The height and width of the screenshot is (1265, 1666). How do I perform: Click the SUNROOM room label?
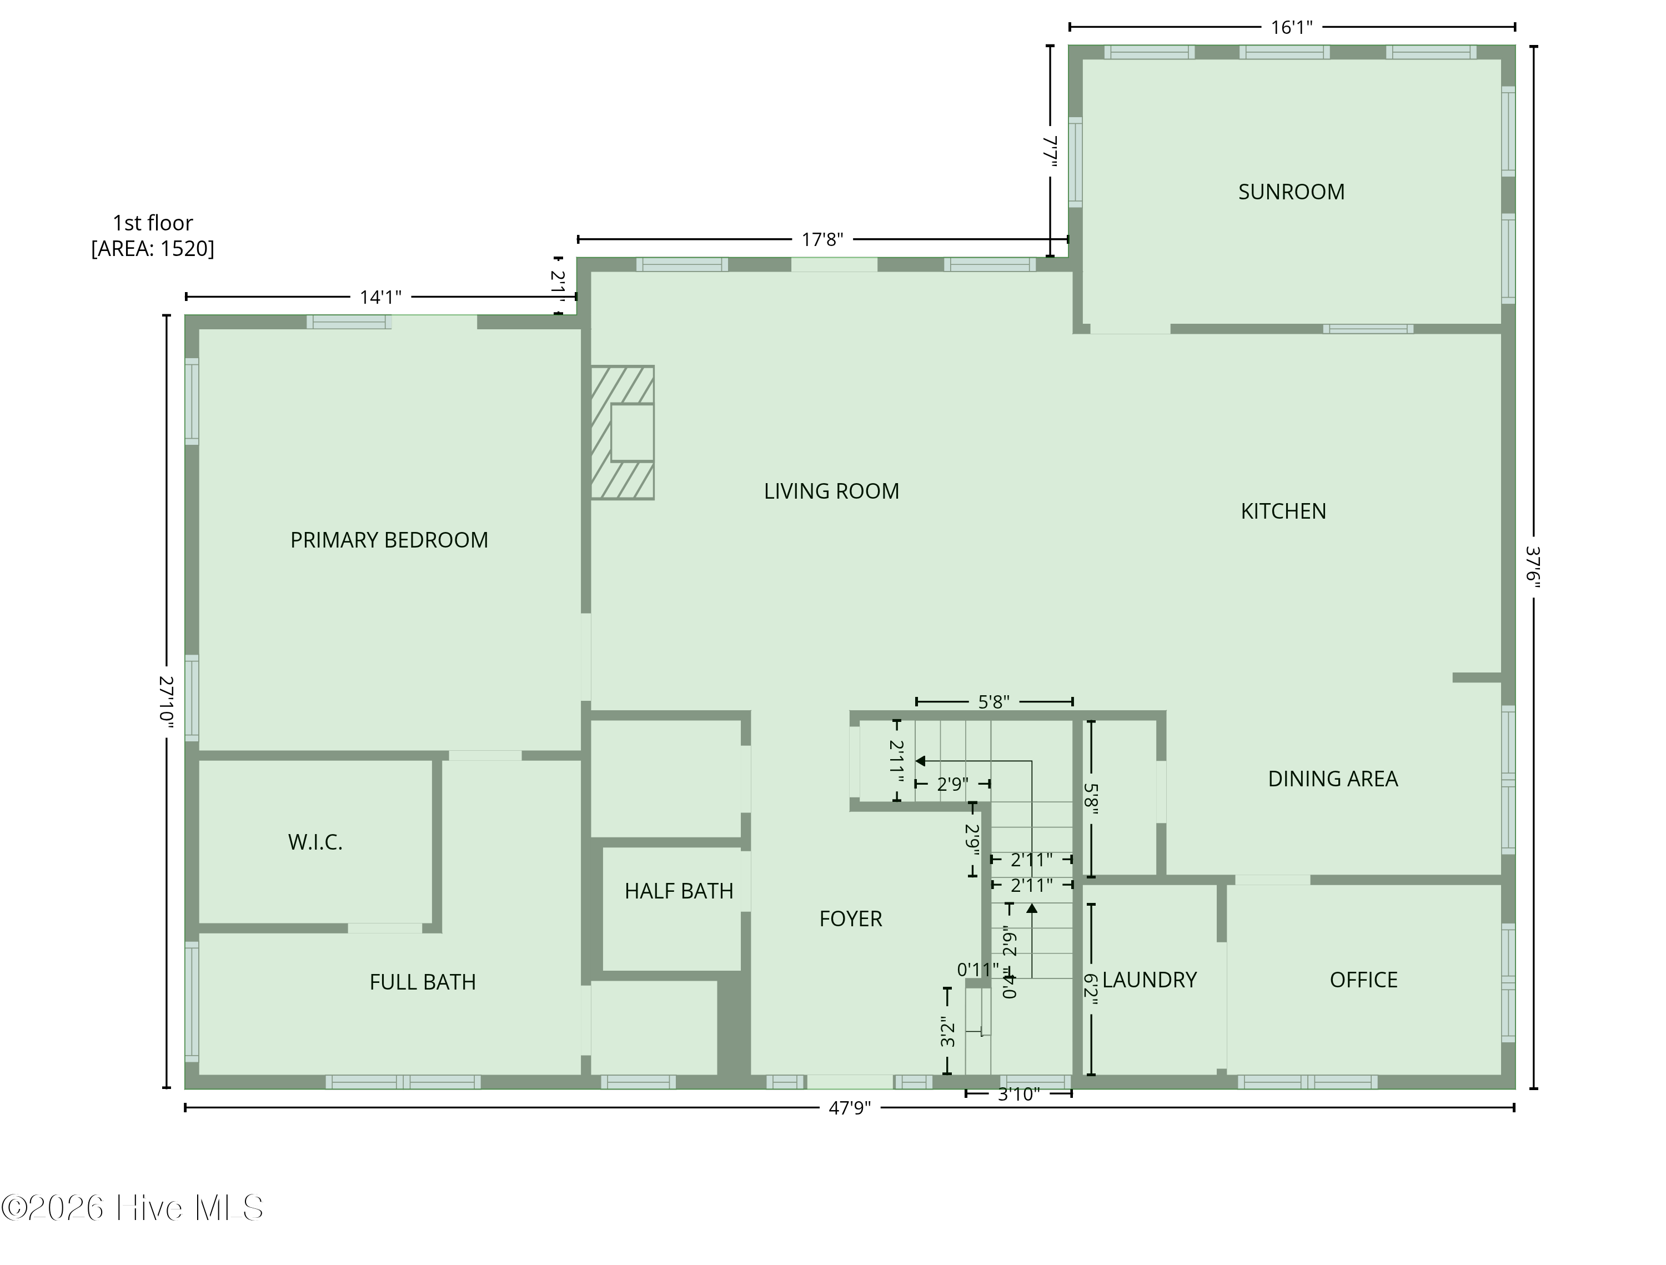tap(1291, 192)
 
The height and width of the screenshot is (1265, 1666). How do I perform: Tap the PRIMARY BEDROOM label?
tap(389, 540)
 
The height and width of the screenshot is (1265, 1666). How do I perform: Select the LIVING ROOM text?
tap(831, 491)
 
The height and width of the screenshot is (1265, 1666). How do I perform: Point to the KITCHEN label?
tap(1283, 511)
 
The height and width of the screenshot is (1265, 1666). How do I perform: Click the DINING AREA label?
tap(1333, 779)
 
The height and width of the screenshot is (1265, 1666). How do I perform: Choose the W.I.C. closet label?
tap(315, 842)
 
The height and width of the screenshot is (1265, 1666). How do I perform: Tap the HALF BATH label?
tap(679, 891)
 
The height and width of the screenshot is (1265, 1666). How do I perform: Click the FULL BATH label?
tap(423, 982)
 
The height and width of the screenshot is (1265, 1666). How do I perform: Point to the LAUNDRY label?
tap(1150, 980)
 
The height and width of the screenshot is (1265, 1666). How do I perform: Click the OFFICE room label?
tap(1363, 980)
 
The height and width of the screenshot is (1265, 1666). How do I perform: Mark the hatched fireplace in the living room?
tap(622, 433)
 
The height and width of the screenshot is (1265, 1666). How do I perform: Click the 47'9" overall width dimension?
tap(850, 1108)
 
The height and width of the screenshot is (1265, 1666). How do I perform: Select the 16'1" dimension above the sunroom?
tap(1292, 28)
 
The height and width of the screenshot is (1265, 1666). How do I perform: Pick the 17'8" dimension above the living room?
tap(822, 239)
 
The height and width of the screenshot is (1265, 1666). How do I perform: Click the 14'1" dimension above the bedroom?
tap(380, 298)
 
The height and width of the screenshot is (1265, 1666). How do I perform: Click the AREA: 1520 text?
tap(153, 248)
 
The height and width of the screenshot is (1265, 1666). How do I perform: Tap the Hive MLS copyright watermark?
tap(133, 1208)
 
